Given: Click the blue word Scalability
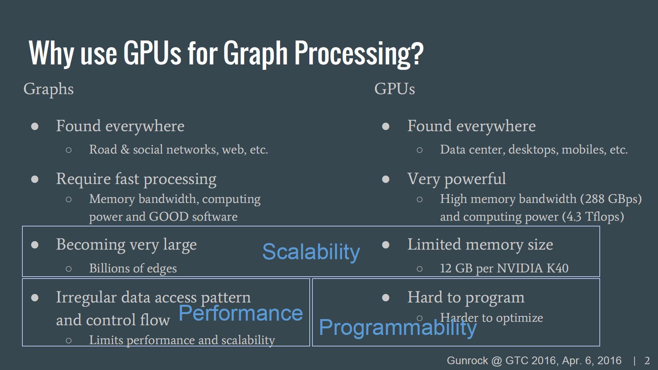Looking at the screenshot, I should coord(311,252).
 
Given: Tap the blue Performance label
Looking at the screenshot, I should coord(241,313).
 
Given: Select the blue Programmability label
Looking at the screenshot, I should coord(398,328).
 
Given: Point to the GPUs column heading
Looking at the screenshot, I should coord(395,89).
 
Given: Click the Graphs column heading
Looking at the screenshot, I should coord(48,89).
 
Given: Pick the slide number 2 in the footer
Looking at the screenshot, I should coord(647,361).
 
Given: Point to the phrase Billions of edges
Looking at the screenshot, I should coord(133,268).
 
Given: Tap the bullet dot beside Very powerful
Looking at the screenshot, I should coord(386,179).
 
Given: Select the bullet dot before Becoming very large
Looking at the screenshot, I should coord(35,245).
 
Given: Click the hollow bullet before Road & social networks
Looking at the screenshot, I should coord(69,150).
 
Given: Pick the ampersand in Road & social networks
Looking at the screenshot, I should coord(125,150).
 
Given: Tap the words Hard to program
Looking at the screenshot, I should coord(466,297).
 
